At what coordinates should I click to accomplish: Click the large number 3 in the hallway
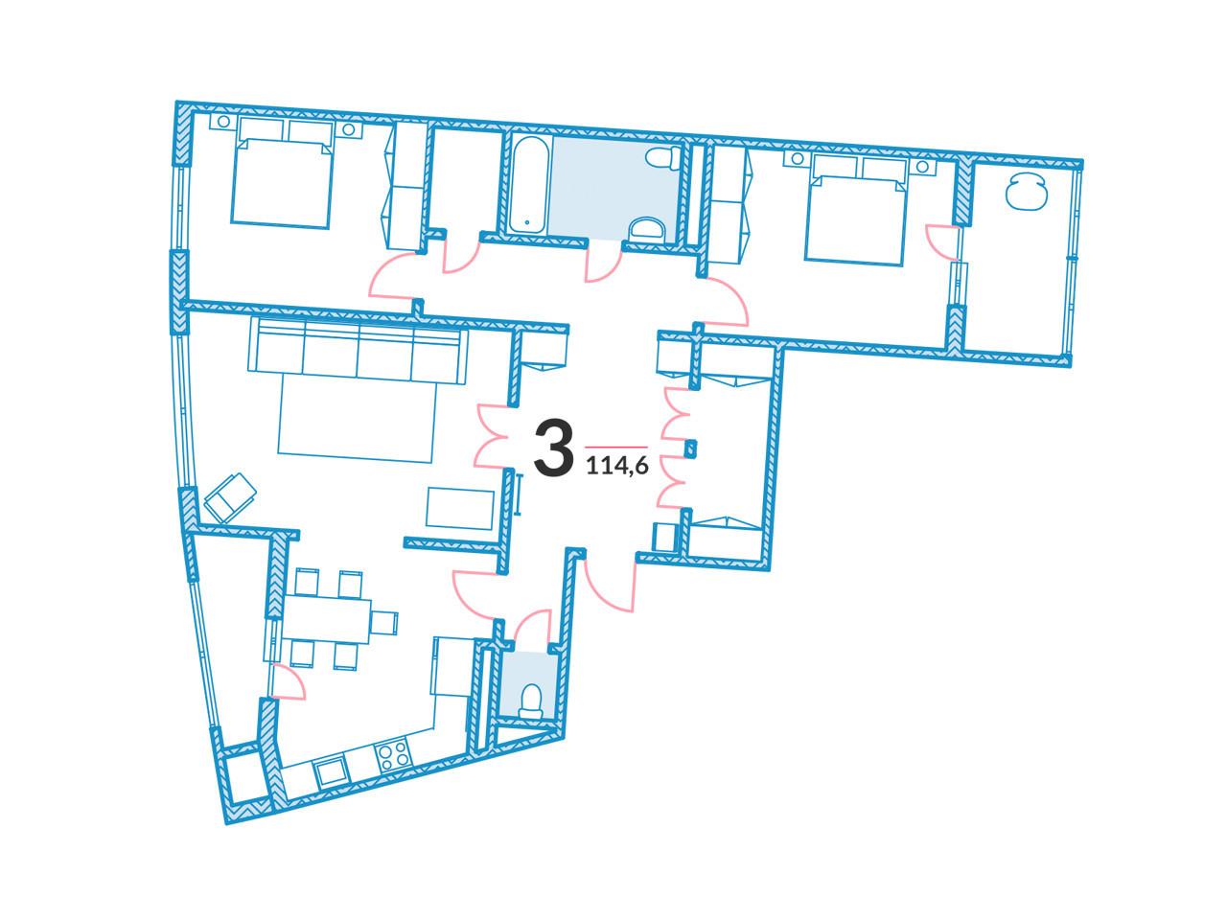tap(553, 447)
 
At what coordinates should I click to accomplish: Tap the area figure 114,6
tap(617, 465)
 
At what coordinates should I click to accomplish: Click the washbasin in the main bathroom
tap(646, 230)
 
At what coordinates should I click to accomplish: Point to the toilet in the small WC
tap(530, 701)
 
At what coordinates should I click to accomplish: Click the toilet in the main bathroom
tap(663, 157)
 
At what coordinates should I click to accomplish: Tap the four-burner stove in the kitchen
tap(392, 756)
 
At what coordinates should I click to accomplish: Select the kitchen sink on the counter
tap(330, 773)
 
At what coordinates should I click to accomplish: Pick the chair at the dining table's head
tap(384, 622)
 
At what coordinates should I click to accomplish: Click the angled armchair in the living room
tap(230, 497)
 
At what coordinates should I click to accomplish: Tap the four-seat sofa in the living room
tap(358, 352)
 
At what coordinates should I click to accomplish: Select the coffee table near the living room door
tap(459, 508)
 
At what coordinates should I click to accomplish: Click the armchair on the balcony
tap(1026, 191)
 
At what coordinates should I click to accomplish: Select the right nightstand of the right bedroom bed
tap(922, 167)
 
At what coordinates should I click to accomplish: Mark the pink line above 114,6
tap(616, 448)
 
